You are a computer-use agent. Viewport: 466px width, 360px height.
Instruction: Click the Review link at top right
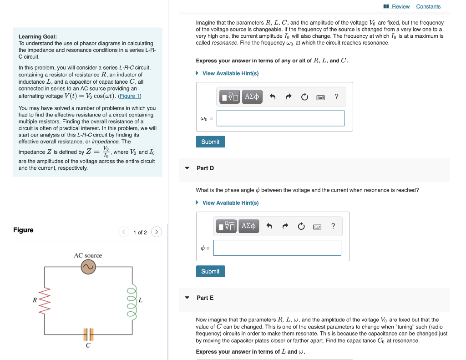coord(400,6)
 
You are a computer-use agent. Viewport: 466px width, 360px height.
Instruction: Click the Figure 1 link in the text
coord(130,96)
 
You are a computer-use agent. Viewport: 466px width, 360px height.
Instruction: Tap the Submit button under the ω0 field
coord(210,142)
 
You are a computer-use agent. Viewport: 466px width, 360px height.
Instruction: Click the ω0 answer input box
coord(280,118)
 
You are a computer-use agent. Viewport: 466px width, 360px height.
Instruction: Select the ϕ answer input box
coord(277,248)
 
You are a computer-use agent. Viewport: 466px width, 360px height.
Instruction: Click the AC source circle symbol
coord(88,268)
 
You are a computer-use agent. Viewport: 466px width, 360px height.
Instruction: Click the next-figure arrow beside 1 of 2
coord(156,232)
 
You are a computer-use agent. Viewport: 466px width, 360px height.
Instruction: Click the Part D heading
coord(205,168)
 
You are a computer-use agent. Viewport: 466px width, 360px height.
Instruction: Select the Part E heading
coord(205,298)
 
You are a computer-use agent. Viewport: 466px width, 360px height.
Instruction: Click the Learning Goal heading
coord(38,36)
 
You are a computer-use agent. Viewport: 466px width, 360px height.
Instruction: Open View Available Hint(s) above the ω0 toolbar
coord(230,73)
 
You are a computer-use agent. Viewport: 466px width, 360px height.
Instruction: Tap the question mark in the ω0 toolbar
coord(336,96)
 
